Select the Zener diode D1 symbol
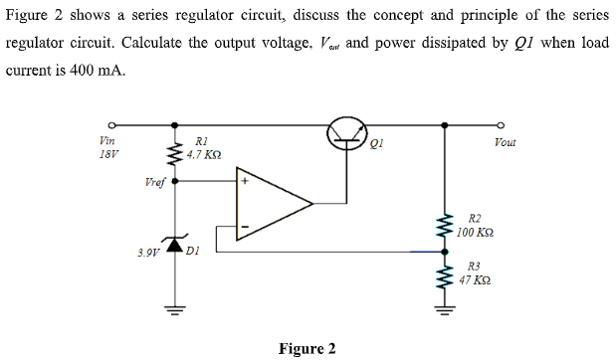(176, 244)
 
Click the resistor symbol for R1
(176, 152)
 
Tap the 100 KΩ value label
(476, 232)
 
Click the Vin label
(107, 142)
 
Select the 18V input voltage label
(107, 155)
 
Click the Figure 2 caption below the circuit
(307, 348)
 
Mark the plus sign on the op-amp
(242, 183)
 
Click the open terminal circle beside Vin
(112, 125)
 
